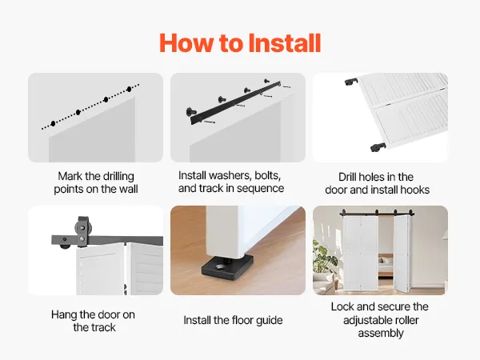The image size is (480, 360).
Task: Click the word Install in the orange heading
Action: (284, 43)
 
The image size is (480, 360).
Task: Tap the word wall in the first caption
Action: (129, 189)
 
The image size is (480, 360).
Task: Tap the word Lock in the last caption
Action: (342, 306)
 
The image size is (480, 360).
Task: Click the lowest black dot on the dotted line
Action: (54, 124)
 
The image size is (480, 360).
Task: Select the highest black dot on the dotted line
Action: (129, 89)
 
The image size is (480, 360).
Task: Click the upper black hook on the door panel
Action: (351, 82)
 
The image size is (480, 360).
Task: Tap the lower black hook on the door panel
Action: (378, 147)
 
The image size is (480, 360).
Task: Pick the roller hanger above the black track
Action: (82, 231)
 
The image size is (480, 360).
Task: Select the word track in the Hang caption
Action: (104, 328)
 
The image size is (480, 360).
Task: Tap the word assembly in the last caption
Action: (381, 334)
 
